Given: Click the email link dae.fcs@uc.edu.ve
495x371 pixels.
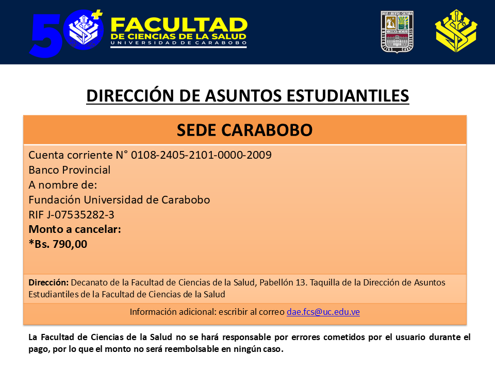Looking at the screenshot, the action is pos(323,312).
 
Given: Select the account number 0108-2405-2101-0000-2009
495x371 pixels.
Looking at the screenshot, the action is pos(201,155).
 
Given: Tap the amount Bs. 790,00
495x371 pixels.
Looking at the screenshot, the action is pos(61,244).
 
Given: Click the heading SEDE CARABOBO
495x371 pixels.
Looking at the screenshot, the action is pos(244,130).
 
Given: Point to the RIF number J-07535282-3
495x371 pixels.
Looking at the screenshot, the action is pos(80,215).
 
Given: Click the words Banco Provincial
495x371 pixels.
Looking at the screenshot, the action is pos(70,170).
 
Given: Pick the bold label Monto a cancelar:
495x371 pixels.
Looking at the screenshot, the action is pos(75,229).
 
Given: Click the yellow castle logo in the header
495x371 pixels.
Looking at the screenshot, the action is pos(456,30).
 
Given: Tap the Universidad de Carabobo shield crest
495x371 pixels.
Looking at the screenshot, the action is pos(397,31).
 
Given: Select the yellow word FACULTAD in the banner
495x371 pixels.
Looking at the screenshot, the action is pos(179,25).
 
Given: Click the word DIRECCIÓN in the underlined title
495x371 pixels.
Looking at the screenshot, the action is pos(130,96).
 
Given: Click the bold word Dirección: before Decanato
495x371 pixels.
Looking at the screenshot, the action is pos(48,282).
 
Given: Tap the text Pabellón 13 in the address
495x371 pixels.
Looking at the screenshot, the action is pos(283,282).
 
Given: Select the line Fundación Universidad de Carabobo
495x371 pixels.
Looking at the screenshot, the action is pos(119,200).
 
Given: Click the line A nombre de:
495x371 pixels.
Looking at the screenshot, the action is pos(63,185).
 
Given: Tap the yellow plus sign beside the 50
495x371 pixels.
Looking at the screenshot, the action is pos(97,14).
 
